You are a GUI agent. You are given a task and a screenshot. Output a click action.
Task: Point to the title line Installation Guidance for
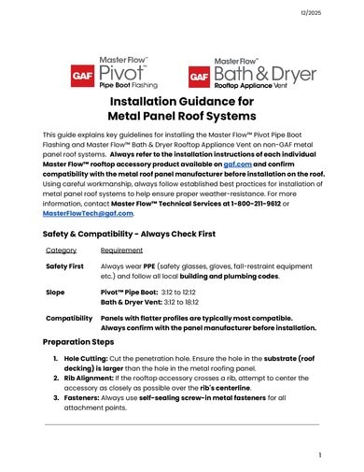tap(181, 101)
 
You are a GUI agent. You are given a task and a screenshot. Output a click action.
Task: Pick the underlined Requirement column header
tap(122, 250)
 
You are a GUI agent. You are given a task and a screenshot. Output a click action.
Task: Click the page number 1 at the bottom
tap(318, 454)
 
